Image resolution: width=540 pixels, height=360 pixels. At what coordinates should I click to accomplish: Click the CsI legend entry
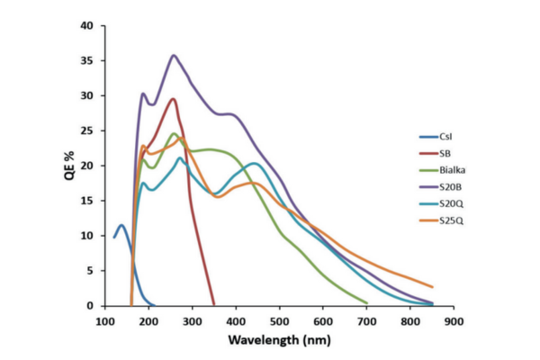445,138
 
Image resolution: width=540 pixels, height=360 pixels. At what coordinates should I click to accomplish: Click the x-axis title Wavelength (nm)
280,341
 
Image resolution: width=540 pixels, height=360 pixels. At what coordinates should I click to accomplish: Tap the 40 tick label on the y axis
87,26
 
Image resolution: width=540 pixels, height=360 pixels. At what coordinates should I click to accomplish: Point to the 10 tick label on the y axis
87,236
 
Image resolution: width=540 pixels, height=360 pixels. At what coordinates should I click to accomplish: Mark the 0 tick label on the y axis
90,306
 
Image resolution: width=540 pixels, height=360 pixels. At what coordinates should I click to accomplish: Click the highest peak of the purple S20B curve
175,55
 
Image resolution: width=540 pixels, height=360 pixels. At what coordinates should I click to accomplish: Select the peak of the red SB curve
174,99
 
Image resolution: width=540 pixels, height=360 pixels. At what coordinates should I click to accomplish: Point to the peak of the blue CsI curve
121,225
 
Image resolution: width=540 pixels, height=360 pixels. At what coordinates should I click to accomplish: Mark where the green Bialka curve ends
367,303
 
